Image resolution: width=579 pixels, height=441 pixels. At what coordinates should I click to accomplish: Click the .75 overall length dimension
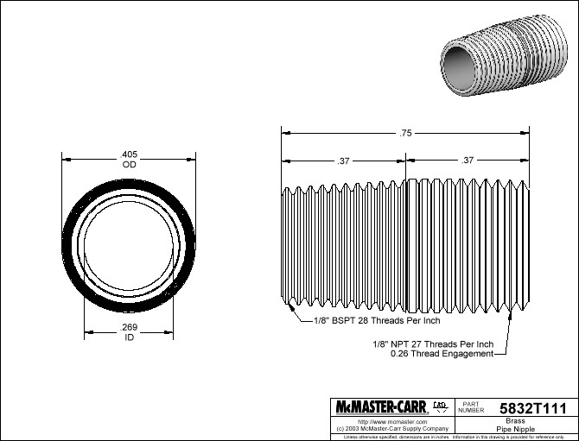pyautogui.click(x=405, y=133)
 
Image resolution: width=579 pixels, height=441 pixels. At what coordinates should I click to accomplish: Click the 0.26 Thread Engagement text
pyautogui.click(x=442, y=354)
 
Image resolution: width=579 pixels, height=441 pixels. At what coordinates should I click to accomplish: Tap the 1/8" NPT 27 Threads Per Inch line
pyautogui.click(x=432, y=343)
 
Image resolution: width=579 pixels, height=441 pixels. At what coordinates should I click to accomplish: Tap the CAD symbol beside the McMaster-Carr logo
pyautogui.click(x=439, y=405)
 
